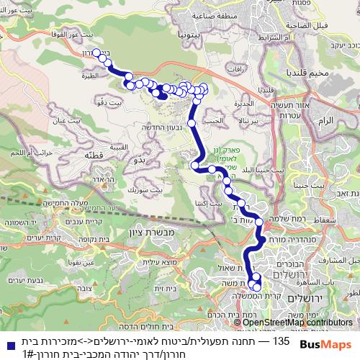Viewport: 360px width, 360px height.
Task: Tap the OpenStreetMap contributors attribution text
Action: click(297, 322)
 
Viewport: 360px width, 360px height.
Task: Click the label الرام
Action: click(325, 120)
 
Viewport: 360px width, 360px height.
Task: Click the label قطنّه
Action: click(94, 154)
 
